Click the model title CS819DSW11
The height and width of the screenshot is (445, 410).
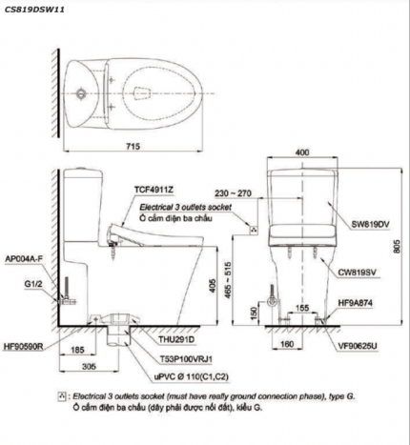[34, 10]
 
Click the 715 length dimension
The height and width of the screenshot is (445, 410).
[133, 146]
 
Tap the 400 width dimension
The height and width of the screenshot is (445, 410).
[302, 152]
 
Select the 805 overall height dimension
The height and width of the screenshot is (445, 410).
[397, 246]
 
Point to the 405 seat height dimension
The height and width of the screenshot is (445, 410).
[213, 286]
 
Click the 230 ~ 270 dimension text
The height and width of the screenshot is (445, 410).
[233, 193]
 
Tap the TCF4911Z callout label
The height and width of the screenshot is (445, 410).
[154, 190]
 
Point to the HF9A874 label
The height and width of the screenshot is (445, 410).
[355, 303]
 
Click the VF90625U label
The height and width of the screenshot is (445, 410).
[358, 346]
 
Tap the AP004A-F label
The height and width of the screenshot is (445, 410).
[24, 259]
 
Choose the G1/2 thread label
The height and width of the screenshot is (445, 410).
[33, 284]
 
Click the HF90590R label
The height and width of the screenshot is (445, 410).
[23, 346]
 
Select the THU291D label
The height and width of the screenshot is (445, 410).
[176, 339]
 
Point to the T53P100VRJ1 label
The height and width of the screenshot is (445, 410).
[186, 359]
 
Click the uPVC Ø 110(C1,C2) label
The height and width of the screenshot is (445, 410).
[192, 376]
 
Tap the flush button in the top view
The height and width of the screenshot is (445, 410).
[81, 93]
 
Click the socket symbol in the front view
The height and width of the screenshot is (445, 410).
[254, 230]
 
